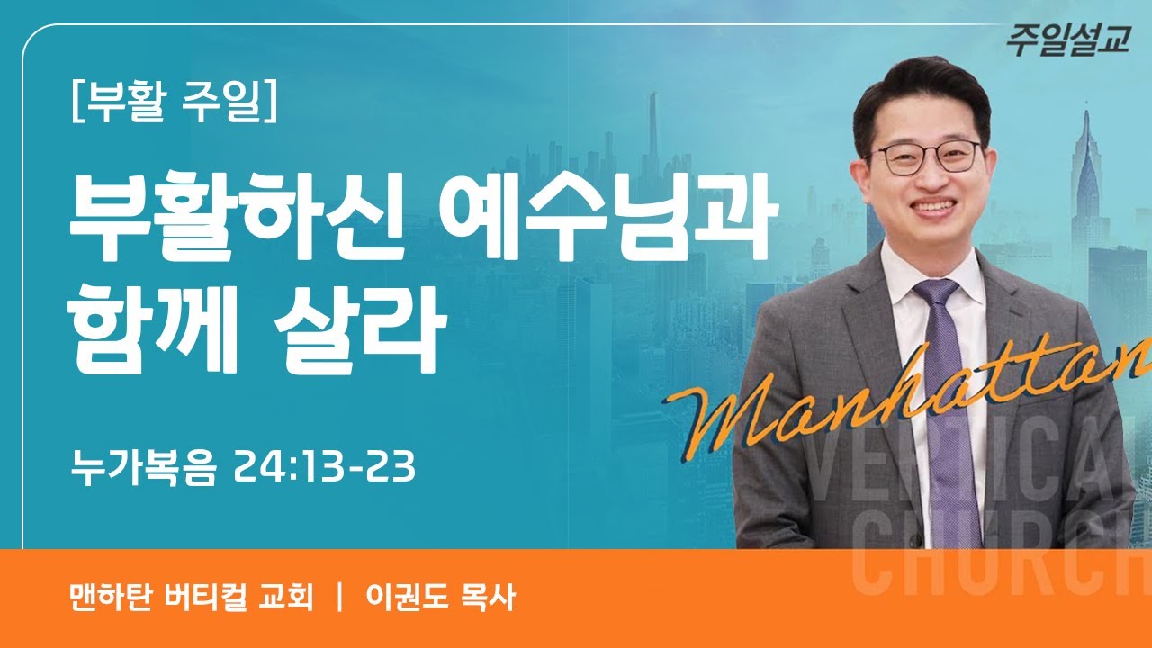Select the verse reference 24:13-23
pos(324,467)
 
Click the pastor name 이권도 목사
pos(440,598)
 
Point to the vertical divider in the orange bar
pos(340,598)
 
